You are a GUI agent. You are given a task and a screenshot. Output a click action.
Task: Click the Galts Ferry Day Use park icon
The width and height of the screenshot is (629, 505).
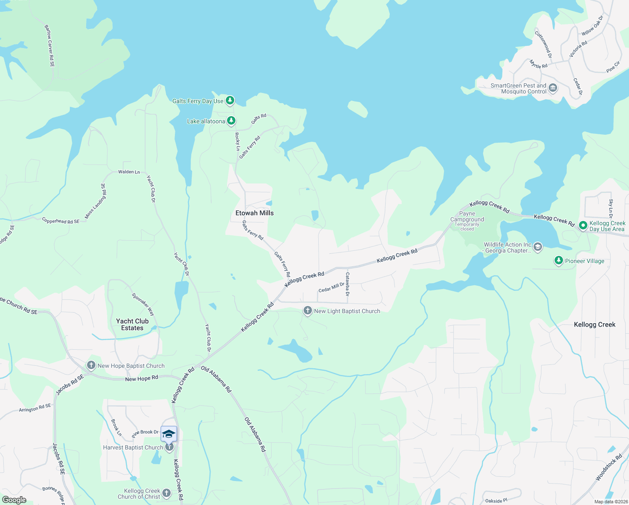tap(230, 101)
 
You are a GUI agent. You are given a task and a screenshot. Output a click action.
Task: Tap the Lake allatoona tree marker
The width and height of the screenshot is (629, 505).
tap(231, 121)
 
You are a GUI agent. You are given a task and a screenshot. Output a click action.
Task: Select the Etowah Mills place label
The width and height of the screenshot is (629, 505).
tap(254, 213)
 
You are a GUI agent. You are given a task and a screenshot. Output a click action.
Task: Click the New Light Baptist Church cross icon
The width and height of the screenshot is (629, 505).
tap(308, 311)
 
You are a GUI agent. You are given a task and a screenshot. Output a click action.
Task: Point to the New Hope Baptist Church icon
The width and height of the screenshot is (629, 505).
tap(91, 366)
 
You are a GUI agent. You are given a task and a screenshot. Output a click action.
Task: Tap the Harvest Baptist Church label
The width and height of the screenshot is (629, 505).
tap(133, 447)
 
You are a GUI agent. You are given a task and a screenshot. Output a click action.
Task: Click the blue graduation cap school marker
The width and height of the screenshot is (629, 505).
tap(169, 434)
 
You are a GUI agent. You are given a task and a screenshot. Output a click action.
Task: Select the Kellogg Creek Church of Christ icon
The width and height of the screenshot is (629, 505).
tap(166, 493)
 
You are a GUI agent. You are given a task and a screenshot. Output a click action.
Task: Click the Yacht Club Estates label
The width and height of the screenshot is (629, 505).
tap(132, 324)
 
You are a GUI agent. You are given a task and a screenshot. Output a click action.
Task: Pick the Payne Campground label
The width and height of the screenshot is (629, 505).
tap(467, 216)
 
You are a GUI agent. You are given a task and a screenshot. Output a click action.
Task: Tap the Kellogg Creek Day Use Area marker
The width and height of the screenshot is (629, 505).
tap(583, 226)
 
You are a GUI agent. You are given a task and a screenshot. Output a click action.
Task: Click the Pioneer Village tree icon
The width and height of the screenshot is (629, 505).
tap(558, 261)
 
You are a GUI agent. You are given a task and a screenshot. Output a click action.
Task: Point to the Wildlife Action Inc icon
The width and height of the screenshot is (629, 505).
tap(537, 247)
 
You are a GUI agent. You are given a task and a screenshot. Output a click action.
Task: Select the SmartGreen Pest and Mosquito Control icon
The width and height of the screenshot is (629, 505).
tap(553, 88)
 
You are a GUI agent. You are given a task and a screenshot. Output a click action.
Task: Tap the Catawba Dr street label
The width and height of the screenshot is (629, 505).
tap(347, 284)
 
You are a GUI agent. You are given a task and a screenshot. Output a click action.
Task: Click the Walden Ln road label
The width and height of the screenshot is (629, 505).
tap(129, 172)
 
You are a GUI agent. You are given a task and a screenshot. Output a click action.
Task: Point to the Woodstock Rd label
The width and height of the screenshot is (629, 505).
tap(608, 468)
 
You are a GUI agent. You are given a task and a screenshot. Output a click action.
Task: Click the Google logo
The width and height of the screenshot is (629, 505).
tap(14, 500)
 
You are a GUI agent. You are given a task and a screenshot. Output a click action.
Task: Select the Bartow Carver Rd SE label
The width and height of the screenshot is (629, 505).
tap(50, 46)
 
